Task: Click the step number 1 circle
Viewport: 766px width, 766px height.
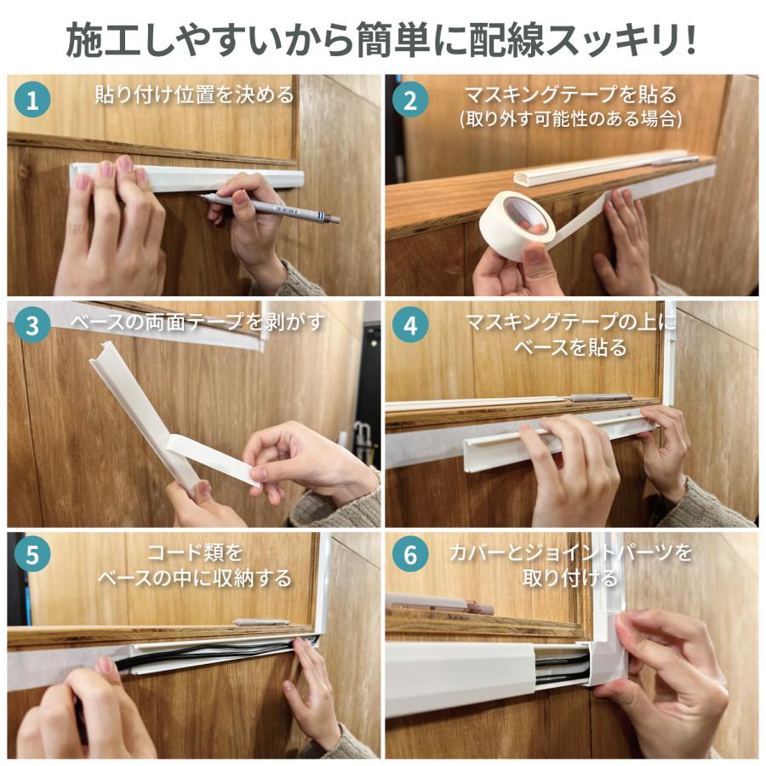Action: pos(32,101)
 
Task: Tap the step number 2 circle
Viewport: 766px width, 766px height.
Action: pos(411,101)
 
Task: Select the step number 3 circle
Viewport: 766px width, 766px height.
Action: pos(32,327)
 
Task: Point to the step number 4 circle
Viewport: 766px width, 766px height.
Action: pos(411,327)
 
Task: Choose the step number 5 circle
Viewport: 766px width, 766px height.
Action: pos(32,554)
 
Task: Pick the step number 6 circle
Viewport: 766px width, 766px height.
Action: pos(411,554)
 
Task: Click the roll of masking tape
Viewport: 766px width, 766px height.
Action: pos(517,226)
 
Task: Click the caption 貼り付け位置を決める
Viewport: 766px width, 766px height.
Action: pos(194,94)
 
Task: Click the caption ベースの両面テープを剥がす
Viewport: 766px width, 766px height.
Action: pos(197,323)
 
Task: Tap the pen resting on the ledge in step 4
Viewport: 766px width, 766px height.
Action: pos(600,397)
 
